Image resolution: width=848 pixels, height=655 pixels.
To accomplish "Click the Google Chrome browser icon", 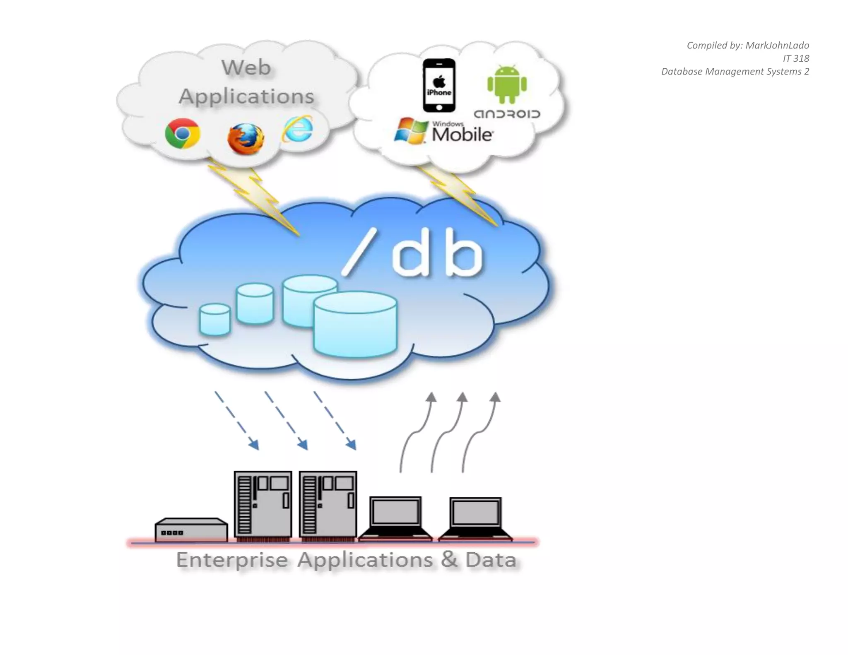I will pyautogui.click(x=182, y=133).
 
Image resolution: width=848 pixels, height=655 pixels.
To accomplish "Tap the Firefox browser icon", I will pyautogui.click(x=246, y=139).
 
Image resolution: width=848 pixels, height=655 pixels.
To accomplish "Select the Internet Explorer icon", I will pyautogui.click(x=298, y=129).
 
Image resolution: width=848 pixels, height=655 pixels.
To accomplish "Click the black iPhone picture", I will pyautogui.click(x=439, y=85).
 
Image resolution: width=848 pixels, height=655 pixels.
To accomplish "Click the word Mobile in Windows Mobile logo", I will pyautogui.click(x=462, y=135).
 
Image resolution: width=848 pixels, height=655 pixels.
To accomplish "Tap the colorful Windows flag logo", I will pyautogui.click(x=411, y=131).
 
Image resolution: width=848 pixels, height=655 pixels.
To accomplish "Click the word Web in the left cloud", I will pyautogui.click(x=246, y=67).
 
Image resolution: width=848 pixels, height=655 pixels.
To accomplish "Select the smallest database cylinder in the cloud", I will pyautogui.click(x=215, y=319).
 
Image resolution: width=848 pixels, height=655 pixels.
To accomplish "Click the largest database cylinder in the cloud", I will pyautogui.click(x=355, y=324).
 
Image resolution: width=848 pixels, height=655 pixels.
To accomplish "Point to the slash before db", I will pyautogui.click(x=359, y=253).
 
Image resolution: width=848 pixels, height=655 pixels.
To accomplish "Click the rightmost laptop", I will pyautogui.click(x=475, y=518).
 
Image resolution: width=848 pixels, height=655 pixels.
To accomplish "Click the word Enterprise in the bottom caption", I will pyautogui.click(x=232, y=560).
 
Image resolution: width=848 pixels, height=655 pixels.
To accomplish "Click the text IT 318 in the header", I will pyautogui.click(x=795, y=58).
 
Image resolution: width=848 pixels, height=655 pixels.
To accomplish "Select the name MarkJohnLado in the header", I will pyautogui.click(x=777, y=45).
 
